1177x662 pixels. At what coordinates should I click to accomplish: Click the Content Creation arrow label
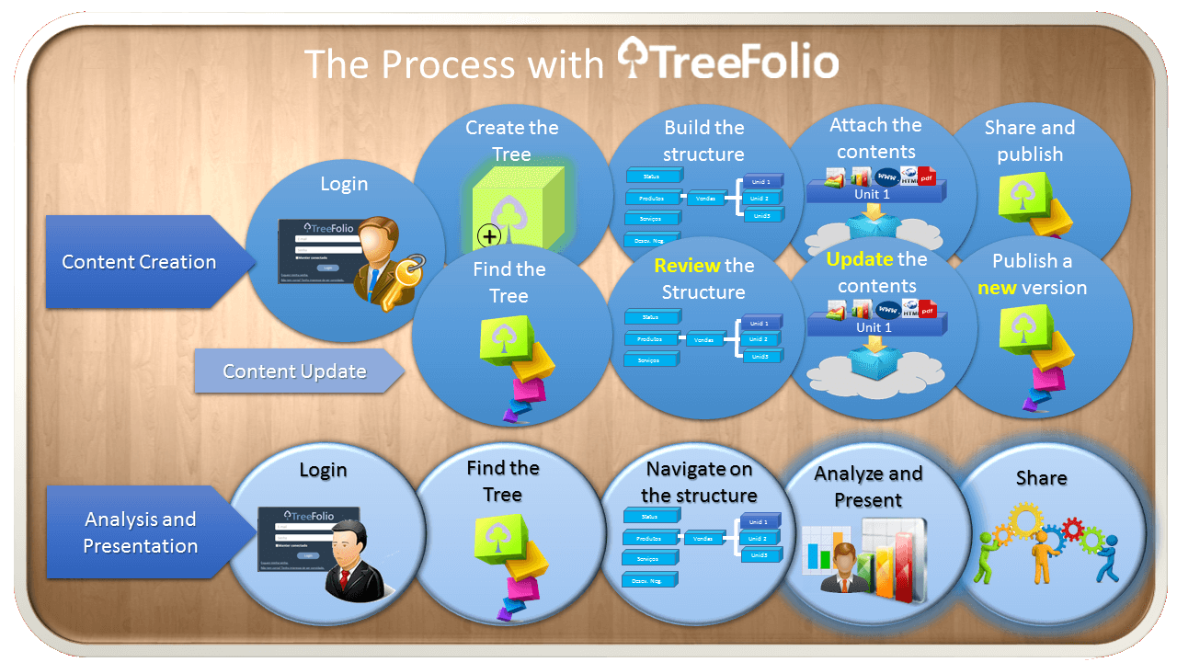[x=139, y=262]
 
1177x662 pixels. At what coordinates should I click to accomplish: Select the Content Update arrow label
[x=294, y=371]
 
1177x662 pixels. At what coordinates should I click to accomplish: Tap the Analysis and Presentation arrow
[x=140, y=532]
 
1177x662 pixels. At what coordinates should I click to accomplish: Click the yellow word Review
[x=687, y=266]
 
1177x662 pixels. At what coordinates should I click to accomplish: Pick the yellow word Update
[x=860, y=259]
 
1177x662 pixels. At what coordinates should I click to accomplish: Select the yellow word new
[x=997, y=288]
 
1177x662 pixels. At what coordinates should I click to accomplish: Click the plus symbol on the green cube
[x=490, y=236]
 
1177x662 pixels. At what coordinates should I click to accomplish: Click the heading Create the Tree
[x=511, y=141]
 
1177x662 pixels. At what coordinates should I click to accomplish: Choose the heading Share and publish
[x=1029, y=141]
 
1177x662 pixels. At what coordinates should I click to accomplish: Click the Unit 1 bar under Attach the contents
[x=874, y=194]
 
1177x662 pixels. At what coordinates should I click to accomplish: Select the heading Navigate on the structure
[x=699, y=482]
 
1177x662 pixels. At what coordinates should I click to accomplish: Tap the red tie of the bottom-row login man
[x=347, y=576]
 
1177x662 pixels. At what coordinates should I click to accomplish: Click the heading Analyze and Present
[x=868, y=486]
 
